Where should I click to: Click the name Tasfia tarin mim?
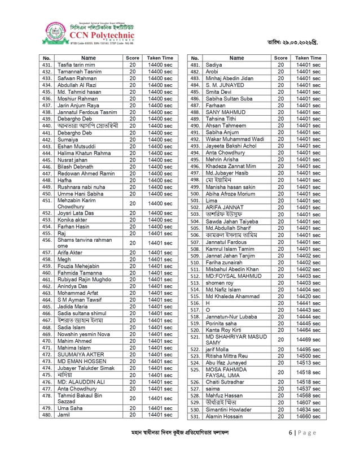point(75,66)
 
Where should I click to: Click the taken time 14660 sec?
point(308,416)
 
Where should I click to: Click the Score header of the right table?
point(280,58)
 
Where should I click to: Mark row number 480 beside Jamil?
point(47,415)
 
